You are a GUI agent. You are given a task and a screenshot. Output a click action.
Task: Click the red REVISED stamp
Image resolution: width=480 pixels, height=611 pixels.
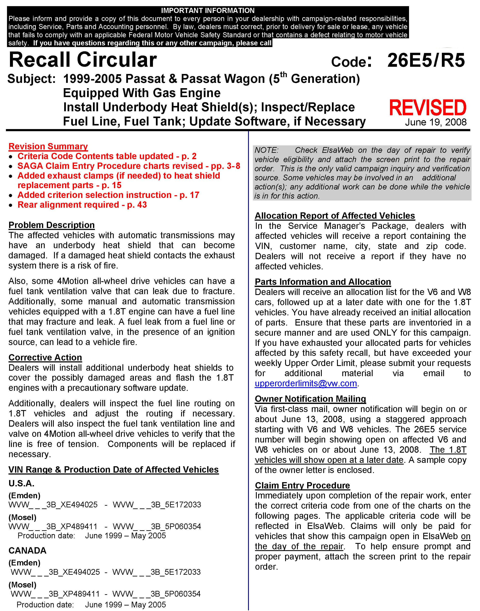[x=427, y=108]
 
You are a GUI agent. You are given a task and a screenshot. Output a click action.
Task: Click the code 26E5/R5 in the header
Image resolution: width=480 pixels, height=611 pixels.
[x=426, y=60]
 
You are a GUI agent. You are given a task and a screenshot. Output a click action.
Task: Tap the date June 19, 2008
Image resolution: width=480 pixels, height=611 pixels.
[x=436, y=122]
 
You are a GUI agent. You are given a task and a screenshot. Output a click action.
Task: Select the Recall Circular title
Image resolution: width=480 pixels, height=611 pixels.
[x=83, y=60]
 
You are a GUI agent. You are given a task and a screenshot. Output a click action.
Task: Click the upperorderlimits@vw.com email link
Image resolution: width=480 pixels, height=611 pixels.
[x=306, y=384]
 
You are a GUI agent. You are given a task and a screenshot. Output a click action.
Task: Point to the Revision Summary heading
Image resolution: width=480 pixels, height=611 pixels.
[x=48, y=146]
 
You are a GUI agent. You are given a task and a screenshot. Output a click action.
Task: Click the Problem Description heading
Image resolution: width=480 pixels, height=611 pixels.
[x=51, y=225]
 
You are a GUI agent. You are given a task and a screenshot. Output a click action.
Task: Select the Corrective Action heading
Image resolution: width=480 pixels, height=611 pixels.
[x=45, y=357]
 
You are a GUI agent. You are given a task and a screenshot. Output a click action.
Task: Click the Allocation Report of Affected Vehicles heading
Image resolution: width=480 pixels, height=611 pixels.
[x=335, y=216]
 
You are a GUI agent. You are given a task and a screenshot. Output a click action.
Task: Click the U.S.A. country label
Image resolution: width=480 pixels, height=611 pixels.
[x=21, y=483]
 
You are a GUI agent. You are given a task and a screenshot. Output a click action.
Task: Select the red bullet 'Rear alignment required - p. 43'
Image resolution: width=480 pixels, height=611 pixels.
[x=82, y=205]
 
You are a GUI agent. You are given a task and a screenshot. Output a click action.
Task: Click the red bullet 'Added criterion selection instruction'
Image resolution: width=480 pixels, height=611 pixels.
[x=108, y=195]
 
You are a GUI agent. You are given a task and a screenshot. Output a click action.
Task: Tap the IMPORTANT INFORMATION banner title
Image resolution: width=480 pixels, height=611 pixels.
[x=208, y=10]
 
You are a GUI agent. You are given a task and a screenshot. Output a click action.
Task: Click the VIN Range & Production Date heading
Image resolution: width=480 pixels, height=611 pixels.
[x=114, y=470]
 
